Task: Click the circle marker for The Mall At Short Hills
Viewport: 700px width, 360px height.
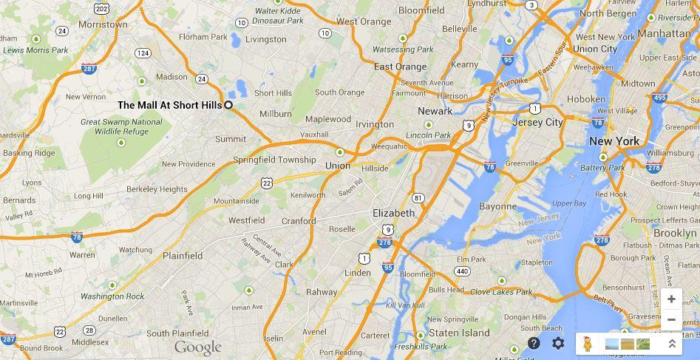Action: tap(228, 105)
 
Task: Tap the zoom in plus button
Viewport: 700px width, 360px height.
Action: tap(671, 299)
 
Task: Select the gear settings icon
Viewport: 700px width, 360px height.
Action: tap(558, 344)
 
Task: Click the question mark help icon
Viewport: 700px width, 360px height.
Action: tap(534, 344)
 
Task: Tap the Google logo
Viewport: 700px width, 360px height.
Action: tap(197, 347)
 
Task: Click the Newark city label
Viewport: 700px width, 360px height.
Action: tap(435, 111)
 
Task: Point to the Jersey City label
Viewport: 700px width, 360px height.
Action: tap(537, 122)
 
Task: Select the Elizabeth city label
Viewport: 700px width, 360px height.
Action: tap(393, 213)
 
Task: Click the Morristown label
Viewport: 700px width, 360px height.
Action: tap(103, 24)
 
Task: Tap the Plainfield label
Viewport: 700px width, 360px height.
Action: tap(183, 256)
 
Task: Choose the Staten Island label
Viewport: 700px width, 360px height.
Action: tap(459, 333)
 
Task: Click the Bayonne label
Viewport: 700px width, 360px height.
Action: tap(497, 206)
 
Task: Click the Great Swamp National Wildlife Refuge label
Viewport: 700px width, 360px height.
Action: tap(121, 126)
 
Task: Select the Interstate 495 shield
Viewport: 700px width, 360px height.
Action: tap(659, 98)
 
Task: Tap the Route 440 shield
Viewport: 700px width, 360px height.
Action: tap(462, 271)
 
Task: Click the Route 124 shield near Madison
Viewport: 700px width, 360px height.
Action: tap(143, 53)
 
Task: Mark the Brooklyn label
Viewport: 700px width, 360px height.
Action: tap(675, 233)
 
